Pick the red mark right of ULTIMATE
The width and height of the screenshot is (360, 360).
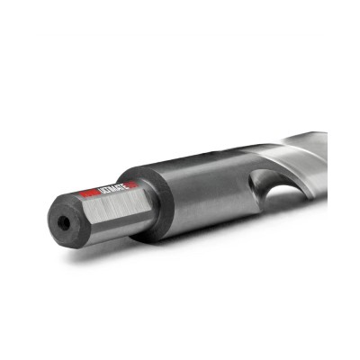[x=130, y=184]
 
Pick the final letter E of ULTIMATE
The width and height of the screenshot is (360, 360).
[x=123, y=186]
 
